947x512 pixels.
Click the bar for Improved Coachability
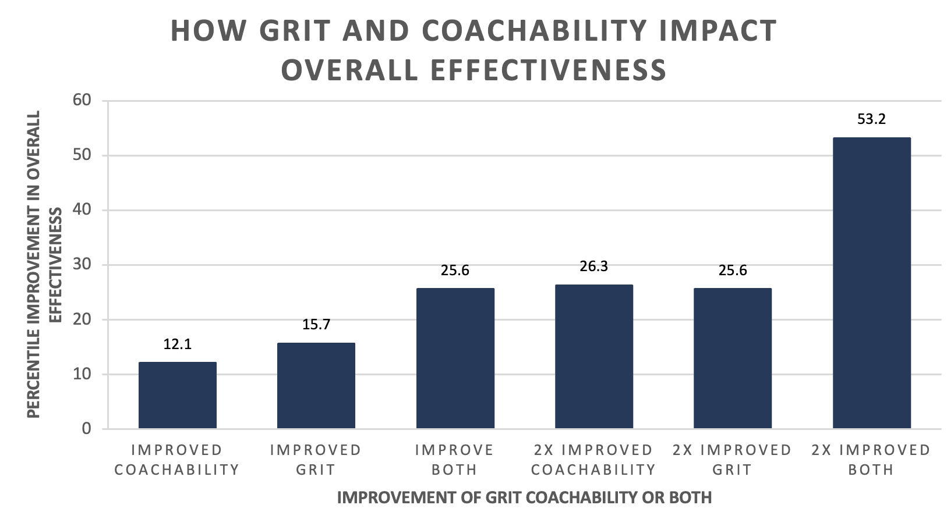click(177, 396)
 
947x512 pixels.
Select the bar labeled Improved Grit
click(316, 386)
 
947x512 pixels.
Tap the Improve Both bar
click(455, 358)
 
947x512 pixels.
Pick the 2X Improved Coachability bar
click(593, 357)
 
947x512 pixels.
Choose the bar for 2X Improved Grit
click(732, 358)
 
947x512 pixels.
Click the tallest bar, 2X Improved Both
click(871, 283)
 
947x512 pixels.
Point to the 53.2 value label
click(871, 119)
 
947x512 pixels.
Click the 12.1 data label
click(177, 344)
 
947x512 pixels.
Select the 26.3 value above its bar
click(593, 266)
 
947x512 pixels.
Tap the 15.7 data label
click(316, 324)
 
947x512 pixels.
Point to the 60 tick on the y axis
click(82, 100)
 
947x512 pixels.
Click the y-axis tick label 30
click(82, 265)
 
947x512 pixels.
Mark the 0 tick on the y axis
click(87, 429)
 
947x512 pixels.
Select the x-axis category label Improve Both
click(454, 460)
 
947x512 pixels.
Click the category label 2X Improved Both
click(871, 460)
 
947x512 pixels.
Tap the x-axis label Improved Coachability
click(177, 460)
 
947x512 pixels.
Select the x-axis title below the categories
click(524, 498)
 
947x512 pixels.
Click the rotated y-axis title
click(44, 265)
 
